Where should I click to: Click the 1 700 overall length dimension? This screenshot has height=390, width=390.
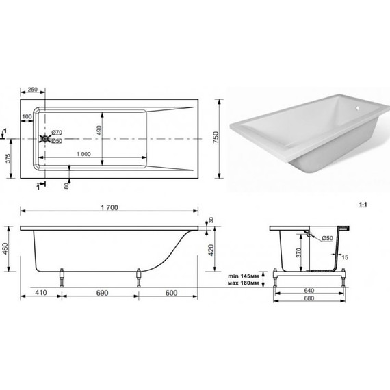[109, 207]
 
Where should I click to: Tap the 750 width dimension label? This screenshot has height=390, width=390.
[216, 137]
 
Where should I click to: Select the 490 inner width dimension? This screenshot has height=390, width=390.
[99, 130]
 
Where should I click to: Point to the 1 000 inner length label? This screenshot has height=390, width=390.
[83, 154]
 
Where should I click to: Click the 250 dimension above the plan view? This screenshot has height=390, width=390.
[33, 90]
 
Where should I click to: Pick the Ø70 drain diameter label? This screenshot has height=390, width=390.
[57, 132]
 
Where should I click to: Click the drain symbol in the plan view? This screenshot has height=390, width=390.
[45, 138]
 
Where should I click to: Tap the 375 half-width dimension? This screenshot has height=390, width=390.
[8, 159]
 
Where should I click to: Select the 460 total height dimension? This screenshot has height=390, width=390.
[5, 248]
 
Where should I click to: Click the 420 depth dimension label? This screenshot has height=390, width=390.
[211, 250]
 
